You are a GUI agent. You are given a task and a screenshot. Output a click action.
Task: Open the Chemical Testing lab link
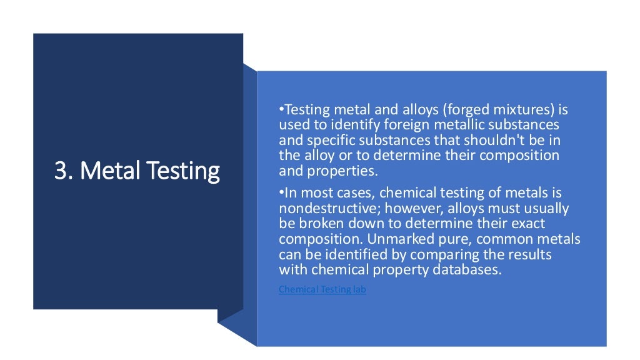pyautogui.click(x=322, y=289)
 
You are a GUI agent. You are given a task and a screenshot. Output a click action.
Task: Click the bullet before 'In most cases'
pyautogui.click(x=281, y=193)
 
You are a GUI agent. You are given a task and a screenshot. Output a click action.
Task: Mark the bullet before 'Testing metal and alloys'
pyautogui.click(x=281, y=110)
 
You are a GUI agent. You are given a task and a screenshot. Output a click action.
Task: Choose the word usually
pyautogui.click(x=546, y=209)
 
